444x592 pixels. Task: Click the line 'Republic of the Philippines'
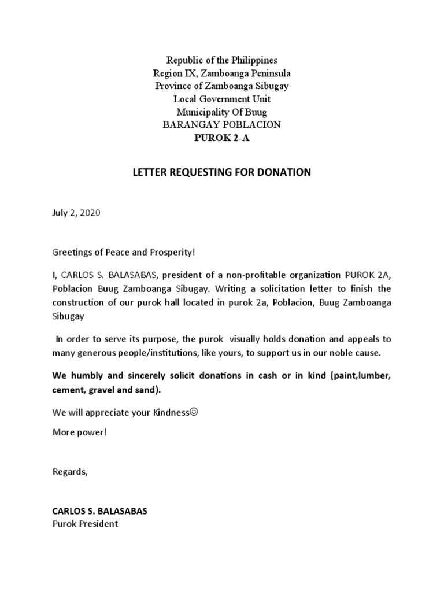pos(222,60)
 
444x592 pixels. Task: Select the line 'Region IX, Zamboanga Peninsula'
pos(222,73)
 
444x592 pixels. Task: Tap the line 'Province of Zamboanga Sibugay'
pos(222,86)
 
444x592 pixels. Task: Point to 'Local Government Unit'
pos(222,99)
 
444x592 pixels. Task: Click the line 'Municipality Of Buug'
pos(222,112)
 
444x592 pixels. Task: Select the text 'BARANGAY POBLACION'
pos(222,124)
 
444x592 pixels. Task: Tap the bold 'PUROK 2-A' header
pos(222,137)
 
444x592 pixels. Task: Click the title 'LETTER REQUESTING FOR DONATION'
pos(222,172)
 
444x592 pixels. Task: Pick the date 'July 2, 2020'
pos(76,213)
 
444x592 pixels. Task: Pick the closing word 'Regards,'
pos(71,471)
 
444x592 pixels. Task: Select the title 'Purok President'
pos(85,524)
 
